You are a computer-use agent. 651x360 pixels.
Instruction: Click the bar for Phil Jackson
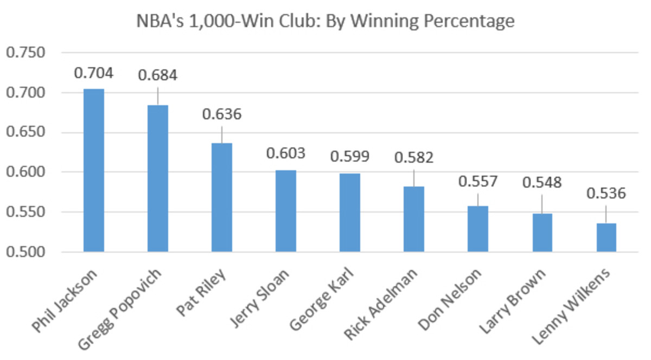tap(93, 170)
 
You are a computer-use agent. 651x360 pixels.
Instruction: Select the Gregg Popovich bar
tap(158, 178)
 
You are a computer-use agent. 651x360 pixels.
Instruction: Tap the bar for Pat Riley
tap(222, 197)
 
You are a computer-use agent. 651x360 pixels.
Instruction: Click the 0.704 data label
tap(93, 73)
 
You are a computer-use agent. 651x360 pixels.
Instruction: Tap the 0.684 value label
tap(158, 75)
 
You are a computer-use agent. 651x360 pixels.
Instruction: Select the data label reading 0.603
tap(286, 153)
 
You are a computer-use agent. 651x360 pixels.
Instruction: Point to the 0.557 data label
tap(478, 182)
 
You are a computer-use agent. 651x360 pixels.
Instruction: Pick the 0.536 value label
tap(606, 194)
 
